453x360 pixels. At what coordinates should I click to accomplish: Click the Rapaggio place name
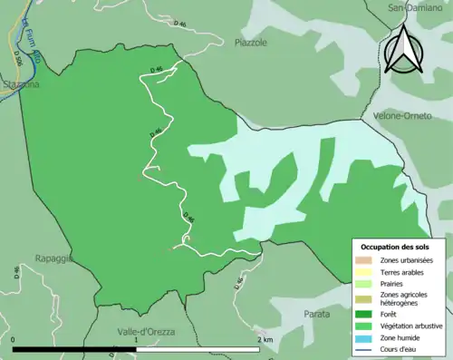point(53,258)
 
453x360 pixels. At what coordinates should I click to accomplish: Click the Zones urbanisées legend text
point(407,261)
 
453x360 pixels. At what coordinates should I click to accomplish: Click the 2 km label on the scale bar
point(265,339)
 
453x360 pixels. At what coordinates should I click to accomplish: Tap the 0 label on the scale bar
point(14,339)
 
